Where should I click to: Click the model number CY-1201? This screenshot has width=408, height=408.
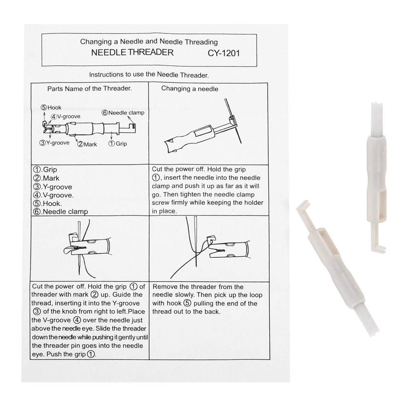[224, 53]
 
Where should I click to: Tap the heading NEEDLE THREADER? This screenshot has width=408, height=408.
[132, 52]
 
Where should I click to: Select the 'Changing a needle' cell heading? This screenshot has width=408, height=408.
[190, 89]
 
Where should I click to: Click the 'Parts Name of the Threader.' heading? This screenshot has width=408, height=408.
[89, 88]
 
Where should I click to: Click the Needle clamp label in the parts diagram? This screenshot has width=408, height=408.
[123, 113]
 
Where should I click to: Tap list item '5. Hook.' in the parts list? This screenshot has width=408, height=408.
[47, 203]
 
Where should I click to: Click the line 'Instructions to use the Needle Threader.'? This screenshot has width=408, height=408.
[149, 75]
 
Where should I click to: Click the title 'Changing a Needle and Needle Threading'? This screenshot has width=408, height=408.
[149, 42]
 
